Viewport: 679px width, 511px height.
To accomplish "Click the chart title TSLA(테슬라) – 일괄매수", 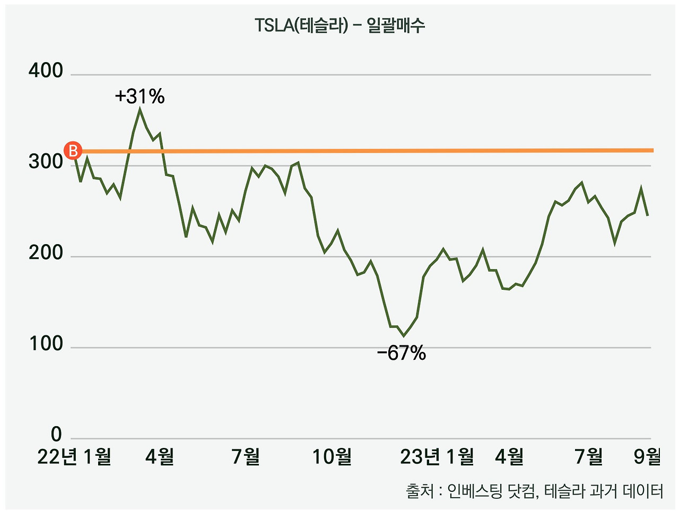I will (339, 25).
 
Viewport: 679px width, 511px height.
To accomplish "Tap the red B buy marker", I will (73, 151).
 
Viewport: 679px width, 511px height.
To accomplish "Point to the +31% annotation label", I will (140, 97).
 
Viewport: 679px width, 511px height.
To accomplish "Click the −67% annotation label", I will (401, 353).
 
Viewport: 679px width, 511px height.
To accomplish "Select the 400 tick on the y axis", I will (46, 71).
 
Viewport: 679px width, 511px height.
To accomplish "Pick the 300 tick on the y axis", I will (46, 162).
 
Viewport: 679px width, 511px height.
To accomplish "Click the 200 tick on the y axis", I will (46, 253).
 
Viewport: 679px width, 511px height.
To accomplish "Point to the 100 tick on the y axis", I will (46, 344).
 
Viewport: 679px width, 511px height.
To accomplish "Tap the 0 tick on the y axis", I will (56, 435).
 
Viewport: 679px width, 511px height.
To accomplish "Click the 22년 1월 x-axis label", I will (74, 456).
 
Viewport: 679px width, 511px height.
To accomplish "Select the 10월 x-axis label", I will (332, 456).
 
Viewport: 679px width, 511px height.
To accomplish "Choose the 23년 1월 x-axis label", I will (437, 456).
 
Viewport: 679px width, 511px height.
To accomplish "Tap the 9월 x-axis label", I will (648, 456).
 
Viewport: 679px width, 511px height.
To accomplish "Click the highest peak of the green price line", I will (140, 109).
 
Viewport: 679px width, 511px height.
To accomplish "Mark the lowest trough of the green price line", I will (404, 335).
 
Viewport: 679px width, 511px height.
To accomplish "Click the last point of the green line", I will (648, 215).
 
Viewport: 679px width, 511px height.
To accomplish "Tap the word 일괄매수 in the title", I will (396, 25).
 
